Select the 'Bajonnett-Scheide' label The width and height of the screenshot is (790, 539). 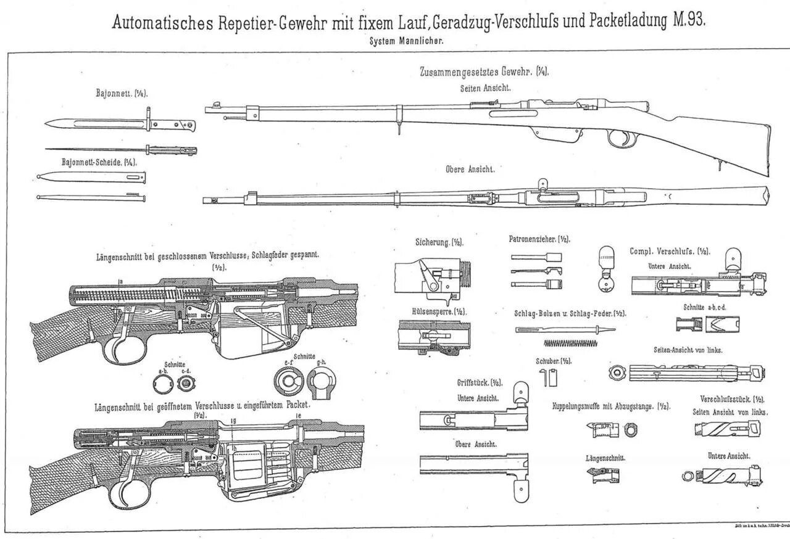(x=99, y=162)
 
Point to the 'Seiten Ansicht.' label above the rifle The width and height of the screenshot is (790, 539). (x=485, y=88)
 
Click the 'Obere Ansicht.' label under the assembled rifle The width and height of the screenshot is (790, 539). (x=470, y=169)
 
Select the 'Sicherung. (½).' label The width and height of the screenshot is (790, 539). (x=439, y=242)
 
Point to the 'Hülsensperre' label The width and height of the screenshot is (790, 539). (x=439, y=312)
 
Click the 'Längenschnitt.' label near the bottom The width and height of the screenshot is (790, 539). (x=606, y=458)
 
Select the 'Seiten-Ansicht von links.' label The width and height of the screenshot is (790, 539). (x=688, y=350)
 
